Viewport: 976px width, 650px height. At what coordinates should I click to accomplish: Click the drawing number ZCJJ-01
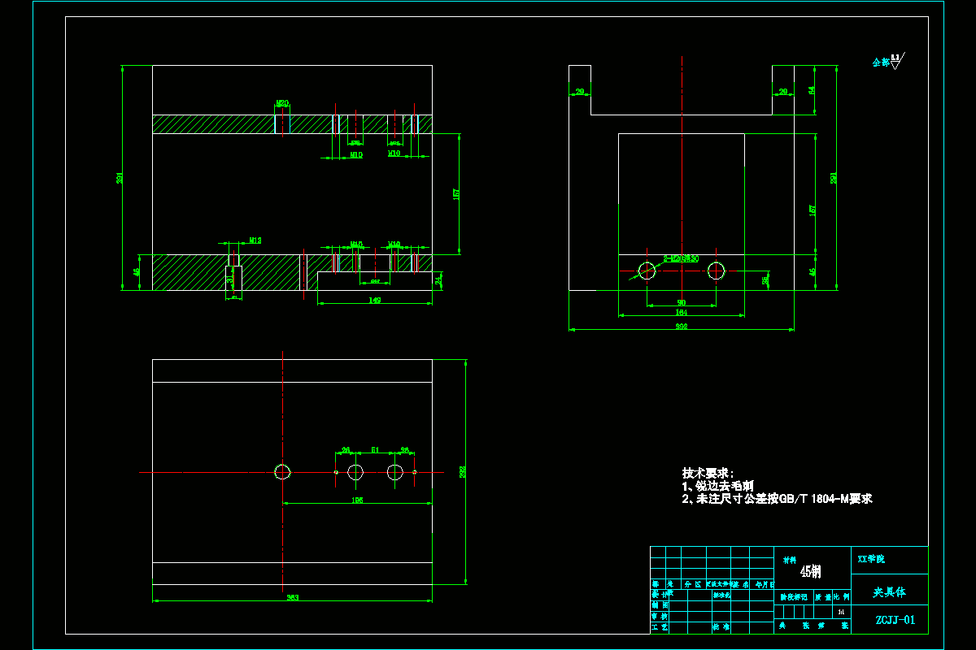[895, 620]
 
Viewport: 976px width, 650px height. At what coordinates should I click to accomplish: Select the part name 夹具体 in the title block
[889, 592]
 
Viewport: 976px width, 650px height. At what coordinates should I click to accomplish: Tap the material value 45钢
[810, 571]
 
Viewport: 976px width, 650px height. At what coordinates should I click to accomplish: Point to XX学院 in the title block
[871, 559]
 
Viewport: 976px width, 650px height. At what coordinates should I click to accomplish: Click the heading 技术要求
[708, 473]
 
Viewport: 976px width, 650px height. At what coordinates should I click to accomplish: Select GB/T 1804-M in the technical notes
[814, 499]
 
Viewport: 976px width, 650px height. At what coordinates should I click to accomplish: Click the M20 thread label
[282, 103]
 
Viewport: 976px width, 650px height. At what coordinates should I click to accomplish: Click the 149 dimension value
[375, 300]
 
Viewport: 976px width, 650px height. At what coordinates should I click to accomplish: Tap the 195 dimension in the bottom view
[356, 500]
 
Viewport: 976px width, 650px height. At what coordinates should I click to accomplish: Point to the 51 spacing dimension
[375, 449]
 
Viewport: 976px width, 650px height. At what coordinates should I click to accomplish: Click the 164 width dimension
[682, 312]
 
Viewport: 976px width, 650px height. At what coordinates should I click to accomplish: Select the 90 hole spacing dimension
[682, 302]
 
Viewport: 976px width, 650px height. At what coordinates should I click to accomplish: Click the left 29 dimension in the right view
[580, 92]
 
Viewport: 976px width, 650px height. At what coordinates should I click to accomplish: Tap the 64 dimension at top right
[812, 90]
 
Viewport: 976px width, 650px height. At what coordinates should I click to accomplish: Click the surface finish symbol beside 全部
[896, 61]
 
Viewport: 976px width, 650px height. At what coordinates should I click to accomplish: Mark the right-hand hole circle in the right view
[717, 271]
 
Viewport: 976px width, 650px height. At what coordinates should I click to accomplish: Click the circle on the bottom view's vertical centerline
[282, 471]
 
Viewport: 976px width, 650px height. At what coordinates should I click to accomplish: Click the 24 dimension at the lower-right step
[439, 280]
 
